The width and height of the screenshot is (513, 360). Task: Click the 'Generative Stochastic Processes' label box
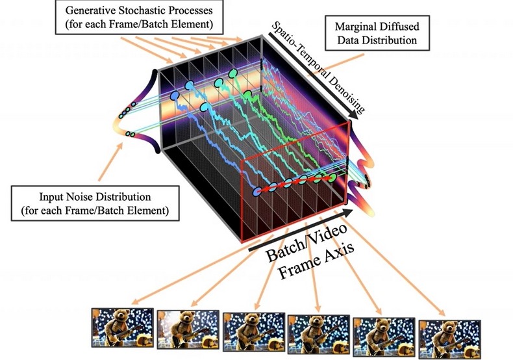pos(140,17)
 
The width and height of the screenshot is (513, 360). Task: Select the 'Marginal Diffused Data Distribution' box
pos(377,33)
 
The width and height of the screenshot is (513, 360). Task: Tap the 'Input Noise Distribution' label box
pos(95,203)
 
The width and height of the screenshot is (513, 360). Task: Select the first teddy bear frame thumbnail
pos(122,328)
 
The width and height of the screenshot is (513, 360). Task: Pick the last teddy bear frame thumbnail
pos(450,339)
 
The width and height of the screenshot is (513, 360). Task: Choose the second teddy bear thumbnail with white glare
pos(188,329)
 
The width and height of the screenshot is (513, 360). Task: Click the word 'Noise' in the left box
pos(77,197)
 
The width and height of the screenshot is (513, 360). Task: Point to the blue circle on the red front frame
pos(257,192)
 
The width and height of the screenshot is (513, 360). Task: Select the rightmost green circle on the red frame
pos(332,177)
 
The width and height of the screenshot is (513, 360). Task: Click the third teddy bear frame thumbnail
pos(254,332)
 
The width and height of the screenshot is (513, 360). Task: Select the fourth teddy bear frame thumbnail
pos(318,334)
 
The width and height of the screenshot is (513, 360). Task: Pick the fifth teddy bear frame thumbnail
pos(384,337)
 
